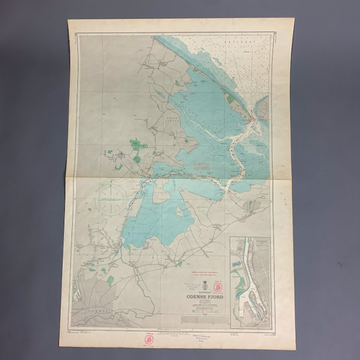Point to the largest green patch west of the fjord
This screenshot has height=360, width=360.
tap(138, 144)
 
